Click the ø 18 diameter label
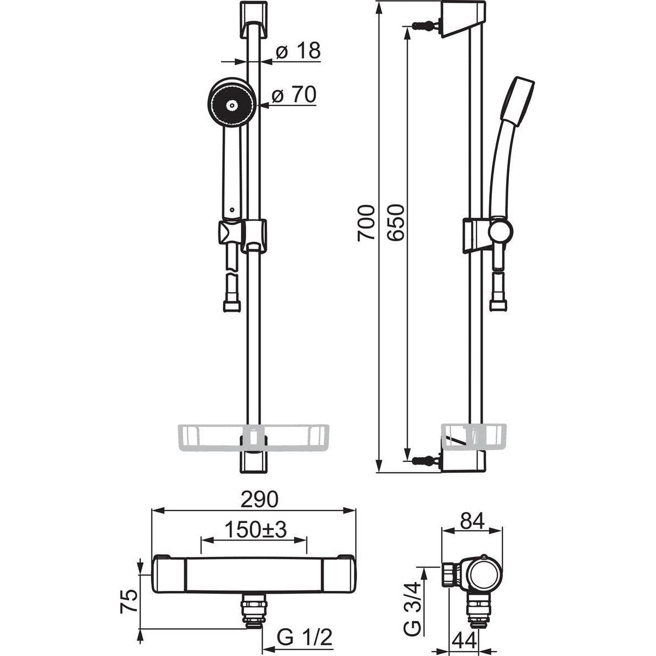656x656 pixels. click(298, 51)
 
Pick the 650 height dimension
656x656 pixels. click(396, 222)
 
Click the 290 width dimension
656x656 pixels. click(259, 498)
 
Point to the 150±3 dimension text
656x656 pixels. click(256, 530)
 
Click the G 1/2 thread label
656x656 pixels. click(305, 637)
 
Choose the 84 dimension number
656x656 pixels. click(472, 521)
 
